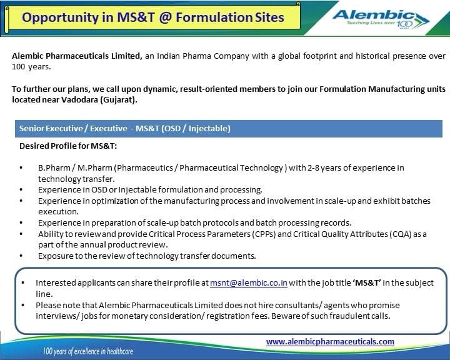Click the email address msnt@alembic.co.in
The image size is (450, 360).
(249, 283)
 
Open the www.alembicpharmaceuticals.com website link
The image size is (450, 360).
(330, 341)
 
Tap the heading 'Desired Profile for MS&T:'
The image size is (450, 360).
(68, 146)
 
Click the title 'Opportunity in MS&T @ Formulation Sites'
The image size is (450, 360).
(152, 17)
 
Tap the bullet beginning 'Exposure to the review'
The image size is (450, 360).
(147, 256)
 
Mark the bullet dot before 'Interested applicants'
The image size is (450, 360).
(23, 283)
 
